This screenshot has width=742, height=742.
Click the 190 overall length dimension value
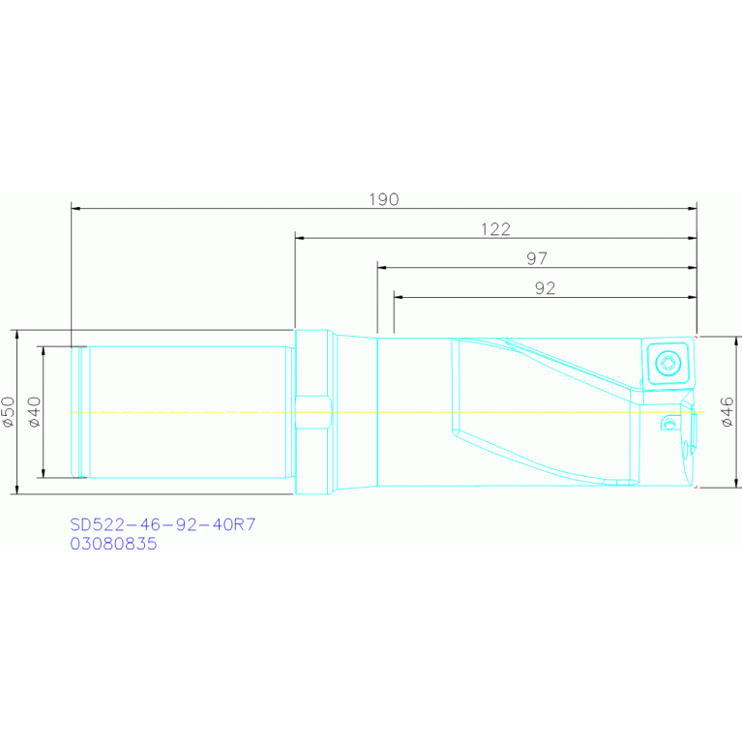384,199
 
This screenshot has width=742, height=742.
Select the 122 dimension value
495,229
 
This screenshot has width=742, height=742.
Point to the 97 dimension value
537,258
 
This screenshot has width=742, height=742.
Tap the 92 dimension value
545,288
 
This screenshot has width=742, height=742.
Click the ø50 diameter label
9,412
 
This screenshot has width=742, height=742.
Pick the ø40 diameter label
35,412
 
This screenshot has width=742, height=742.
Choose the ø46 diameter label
727,412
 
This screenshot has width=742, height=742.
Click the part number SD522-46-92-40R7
163,524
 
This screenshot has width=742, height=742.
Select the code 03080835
113,544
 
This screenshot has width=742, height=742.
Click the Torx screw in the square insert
668,364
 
